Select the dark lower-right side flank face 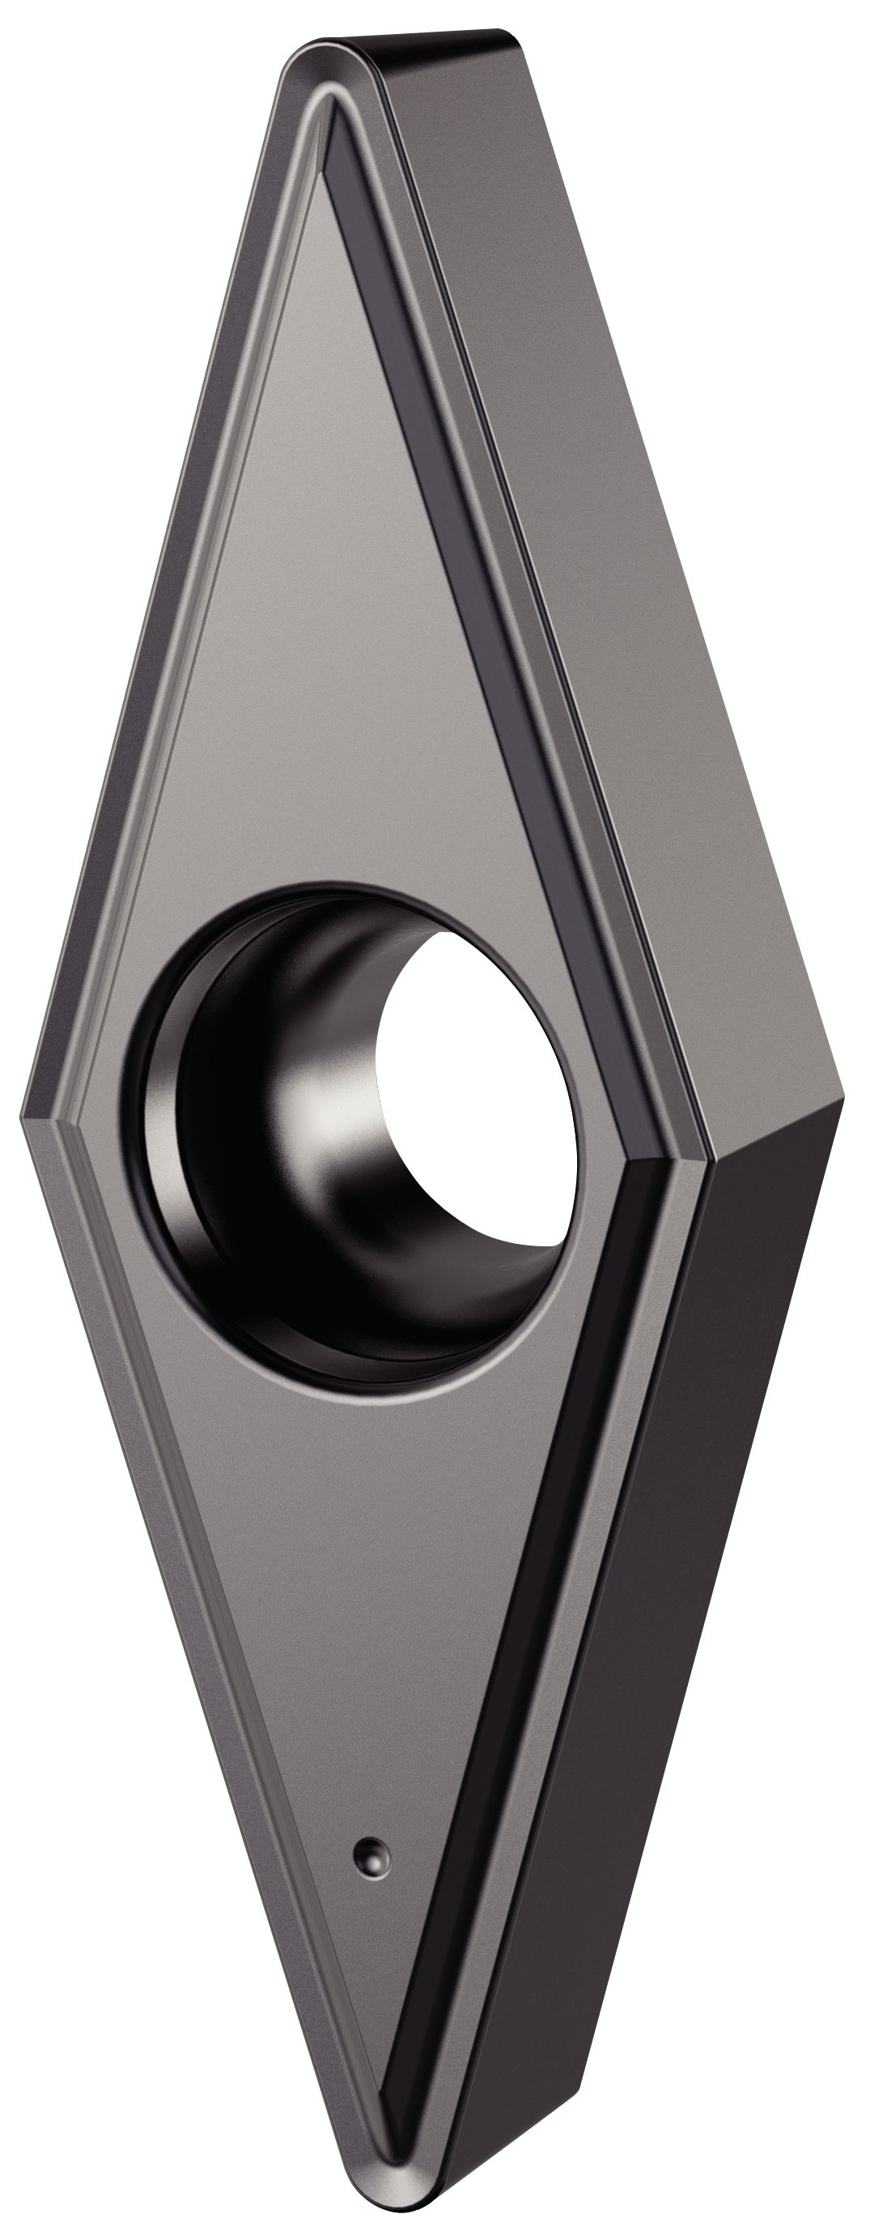[x=675, y=1603]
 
